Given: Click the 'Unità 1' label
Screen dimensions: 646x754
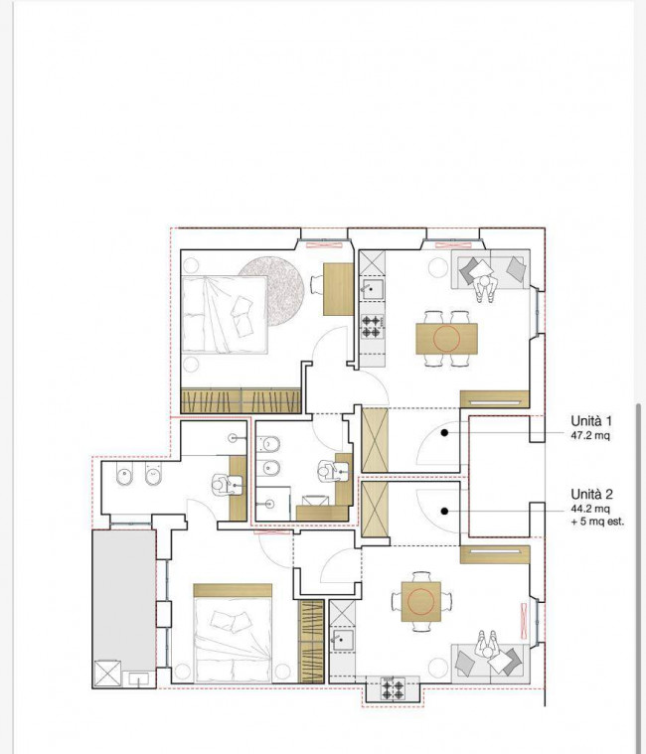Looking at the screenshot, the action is click(x=591, y=421).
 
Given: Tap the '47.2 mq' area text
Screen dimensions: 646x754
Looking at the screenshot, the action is click(x=590, y=436).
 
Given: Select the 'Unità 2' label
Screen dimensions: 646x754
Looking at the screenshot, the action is click(x=591, y=495).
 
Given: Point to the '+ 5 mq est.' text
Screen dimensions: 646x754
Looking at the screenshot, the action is click(x=597, y=522).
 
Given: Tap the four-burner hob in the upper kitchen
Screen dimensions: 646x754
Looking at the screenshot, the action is click(x=373, y=326).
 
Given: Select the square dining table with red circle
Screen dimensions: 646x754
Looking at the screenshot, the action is click(x=420, y=601).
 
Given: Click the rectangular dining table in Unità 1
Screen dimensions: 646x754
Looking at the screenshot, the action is click(x=447, y=339).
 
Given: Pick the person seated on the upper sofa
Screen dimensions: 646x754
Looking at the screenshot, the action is click(x=486, y=287).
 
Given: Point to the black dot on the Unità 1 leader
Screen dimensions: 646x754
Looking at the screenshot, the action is click(x=444, y=433).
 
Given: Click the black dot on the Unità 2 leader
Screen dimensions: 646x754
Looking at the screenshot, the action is click(x=444, y=512).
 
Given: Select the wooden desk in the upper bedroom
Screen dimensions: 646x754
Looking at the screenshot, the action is click(x=338, y=289).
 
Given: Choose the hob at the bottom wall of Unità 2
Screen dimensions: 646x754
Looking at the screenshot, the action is click(x=393, y=688).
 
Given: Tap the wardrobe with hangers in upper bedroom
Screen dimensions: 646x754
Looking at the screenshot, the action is click(x=241, y=401).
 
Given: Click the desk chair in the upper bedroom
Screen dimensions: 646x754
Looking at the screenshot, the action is click(x=316, y=284).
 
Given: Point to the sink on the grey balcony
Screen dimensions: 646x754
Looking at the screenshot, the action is click(x=138, y=679).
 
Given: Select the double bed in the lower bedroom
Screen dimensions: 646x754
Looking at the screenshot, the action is click(x=233, y=634).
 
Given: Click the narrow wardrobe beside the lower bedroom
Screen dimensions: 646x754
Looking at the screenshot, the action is click(x=311, y=641).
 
